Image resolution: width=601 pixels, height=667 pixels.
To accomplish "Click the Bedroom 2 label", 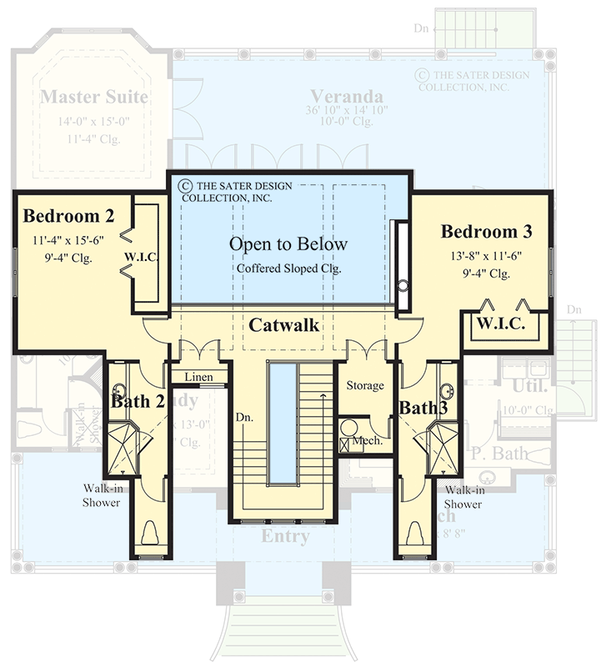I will tap(68, 217).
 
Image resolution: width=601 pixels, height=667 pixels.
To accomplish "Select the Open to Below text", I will tap(288, 244).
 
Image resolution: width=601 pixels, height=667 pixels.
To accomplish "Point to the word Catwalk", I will tap(284, 325).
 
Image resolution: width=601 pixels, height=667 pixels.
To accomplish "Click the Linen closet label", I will tap(198, 378).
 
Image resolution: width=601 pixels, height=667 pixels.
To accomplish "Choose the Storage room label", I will tap(365, 385).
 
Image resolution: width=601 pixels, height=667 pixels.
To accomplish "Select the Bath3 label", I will tap(423, 408).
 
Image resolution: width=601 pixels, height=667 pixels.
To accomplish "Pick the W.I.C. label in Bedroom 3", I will tap(501, 324).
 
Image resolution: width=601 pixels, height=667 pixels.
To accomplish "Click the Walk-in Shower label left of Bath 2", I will tap(101, 496).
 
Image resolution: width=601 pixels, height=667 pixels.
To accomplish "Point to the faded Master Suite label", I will tap(93, 97).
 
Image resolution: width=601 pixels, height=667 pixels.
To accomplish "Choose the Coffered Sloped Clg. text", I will tap(288, 268).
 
